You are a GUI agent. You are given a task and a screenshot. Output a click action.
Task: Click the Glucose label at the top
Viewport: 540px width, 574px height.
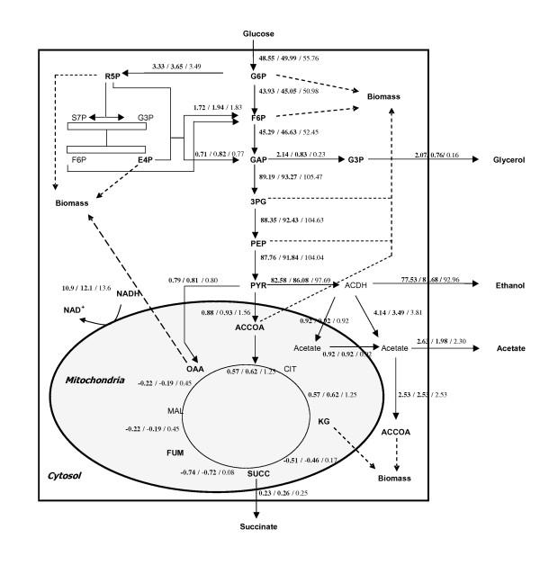point(257,33)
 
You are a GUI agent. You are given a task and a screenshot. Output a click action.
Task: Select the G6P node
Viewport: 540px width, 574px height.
point(258,76)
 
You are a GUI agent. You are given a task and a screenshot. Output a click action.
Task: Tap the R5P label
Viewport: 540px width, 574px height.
point(112,76)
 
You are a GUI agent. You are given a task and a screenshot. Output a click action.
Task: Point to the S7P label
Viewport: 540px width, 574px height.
point(80,117)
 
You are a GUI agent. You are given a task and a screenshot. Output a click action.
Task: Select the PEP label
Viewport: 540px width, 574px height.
point(258,244)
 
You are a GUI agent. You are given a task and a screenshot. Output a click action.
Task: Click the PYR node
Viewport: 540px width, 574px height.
point(257,285)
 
